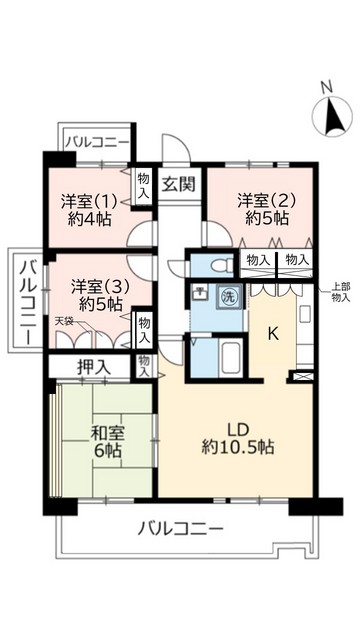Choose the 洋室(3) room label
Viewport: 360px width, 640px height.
tap(96, 285)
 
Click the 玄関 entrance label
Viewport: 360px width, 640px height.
tap(180, 183)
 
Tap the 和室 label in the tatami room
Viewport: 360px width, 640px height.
tap(106, 433)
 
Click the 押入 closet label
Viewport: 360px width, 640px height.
tap(94, 367)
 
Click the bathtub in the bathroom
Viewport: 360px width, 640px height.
tap(227, 355)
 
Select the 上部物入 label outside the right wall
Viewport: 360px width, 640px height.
tap(341, 291)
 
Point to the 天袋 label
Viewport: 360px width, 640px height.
tap(64, 320)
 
